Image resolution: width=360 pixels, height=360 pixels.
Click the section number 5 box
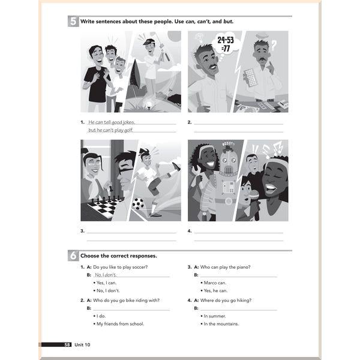click(x=73, y=22)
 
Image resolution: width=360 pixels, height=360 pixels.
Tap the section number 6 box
click(x=73, y=256)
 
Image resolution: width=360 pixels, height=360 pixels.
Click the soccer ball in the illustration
click(x=138, y=203)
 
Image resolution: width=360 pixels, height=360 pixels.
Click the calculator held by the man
click(x=250, y=77)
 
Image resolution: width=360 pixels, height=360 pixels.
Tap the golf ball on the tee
click(x=149, y=104)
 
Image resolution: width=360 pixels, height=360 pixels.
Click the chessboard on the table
click(x=104, y=208)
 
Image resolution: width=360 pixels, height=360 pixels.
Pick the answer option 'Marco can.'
click(x=215, y=283)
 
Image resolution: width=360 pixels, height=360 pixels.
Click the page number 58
click(x=67, y=344)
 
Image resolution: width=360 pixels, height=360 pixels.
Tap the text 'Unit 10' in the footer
click(x=82, y=344)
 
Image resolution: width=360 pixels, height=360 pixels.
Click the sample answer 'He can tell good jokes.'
click(x=112, y=122)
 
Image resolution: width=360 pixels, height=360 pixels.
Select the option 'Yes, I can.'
click(x=107, y=283)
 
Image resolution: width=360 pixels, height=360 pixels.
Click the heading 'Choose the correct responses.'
click(x=119, y=256)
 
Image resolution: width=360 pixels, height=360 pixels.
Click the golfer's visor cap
click(x=148, y=41)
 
